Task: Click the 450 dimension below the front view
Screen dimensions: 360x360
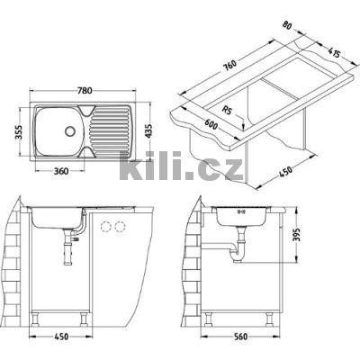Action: coord(62,340)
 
